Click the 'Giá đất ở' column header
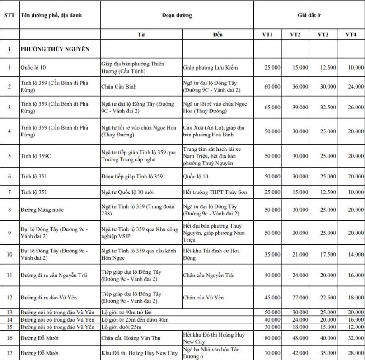click(x=309, y=15)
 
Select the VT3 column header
click(x=323, y=35)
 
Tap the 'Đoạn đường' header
click(x=177, y=15)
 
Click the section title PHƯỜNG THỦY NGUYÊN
click(x=55, y=49)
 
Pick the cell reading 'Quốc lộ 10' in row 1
click(x=33, y=68)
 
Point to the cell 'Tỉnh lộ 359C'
click(x=36, y=156)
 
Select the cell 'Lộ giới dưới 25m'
click(x=124, y=327)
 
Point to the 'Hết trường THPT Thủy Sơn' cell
click(x=215, y=192)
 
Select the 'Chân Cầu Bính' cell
click(x=119, y=86)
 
